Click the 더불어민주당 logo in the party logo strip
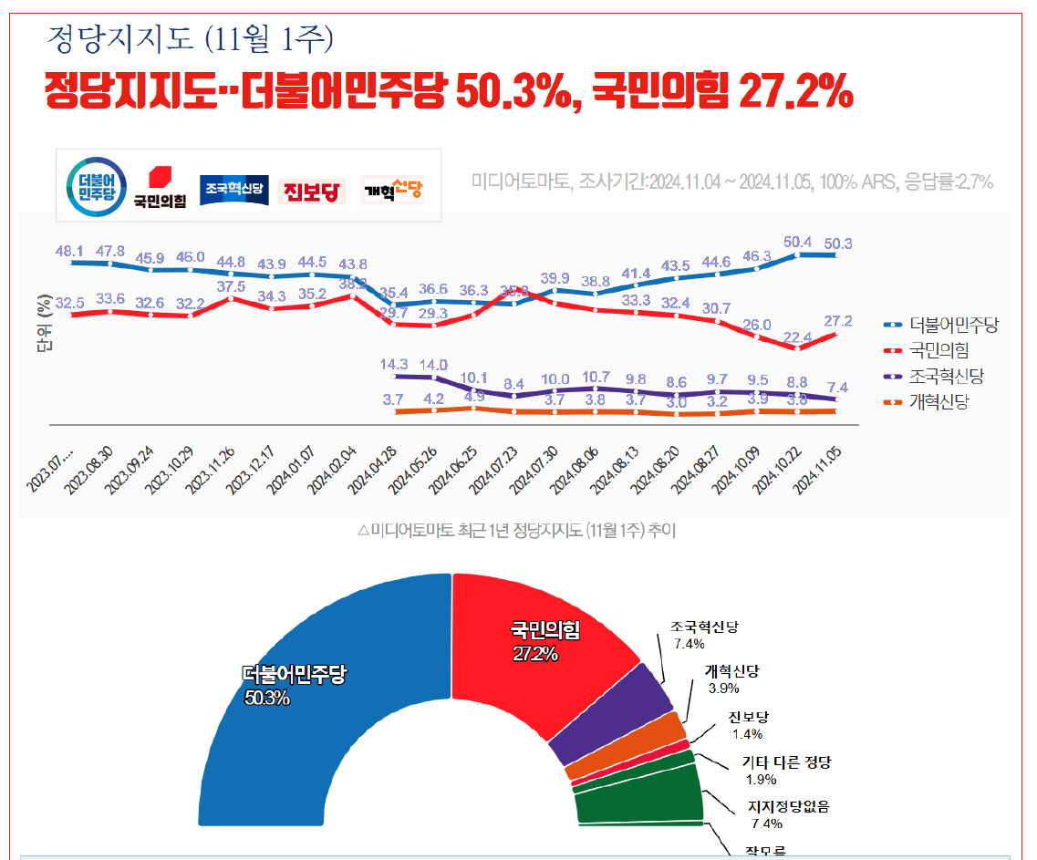pyautogui.click(x=91, y=185)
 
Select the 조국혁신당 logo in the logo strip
pyautogui.click(x=233, y=189)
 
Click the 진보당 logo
pyautogui.click(x=311, y=191)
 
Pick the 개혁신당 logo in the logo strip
pyautogui.click(x=393, y=190)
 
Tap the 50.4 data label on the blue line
pyautogui.click(x=798, y=242)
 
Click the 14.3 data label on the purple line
pyautogui.click(x=393, y=364)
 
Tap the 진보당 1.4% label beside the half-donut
pyautogui.click(x=748, y=725)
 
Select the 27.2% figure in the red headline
pyautogui.click(x=795, y=92)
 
